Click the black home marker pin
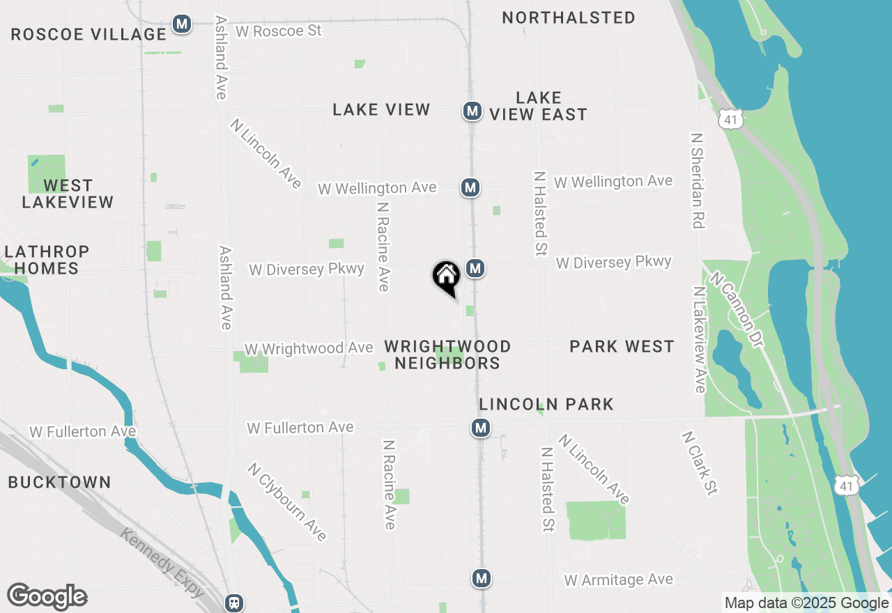[447, 277]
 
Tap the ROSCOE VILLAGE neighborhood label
[89, 34]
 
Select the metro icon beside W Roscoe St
[182, 24]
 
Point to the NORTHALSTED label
[569, 17]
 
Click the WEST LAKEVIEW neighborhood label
[68, 194]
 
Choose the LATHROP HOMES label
[47, 259]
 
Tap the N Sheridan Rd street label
[698, 180]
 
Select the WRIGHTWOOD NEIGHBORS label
[447, 355]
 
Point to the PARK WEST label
[622, 346]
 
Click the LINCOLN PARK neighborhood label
[546, 404]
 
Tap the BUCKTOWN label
[59, 482]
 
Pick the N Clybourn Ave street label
[286, 501]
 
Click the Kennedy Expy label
[162, 563]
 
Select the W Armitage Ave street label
[619, 580]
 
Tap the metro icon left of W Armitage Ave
[481, 577]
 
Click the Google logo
[47, 597]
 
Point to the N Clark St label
[699, 463]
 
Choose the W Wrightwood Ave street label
[309, 348]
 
